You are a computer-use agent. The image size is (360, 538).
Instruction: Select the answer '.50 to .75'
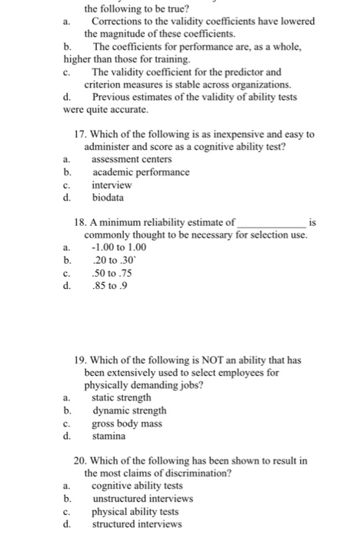112,273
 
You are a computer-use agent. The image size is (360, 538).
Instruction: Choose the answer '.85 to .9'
108,286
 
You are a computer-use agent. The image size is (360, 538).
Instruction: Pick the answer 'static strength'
122,397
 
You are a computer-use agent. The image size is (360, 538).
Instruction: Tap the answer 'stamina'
110,436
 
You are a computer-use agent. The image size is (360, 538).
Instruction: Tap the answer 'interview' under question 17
112,184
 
